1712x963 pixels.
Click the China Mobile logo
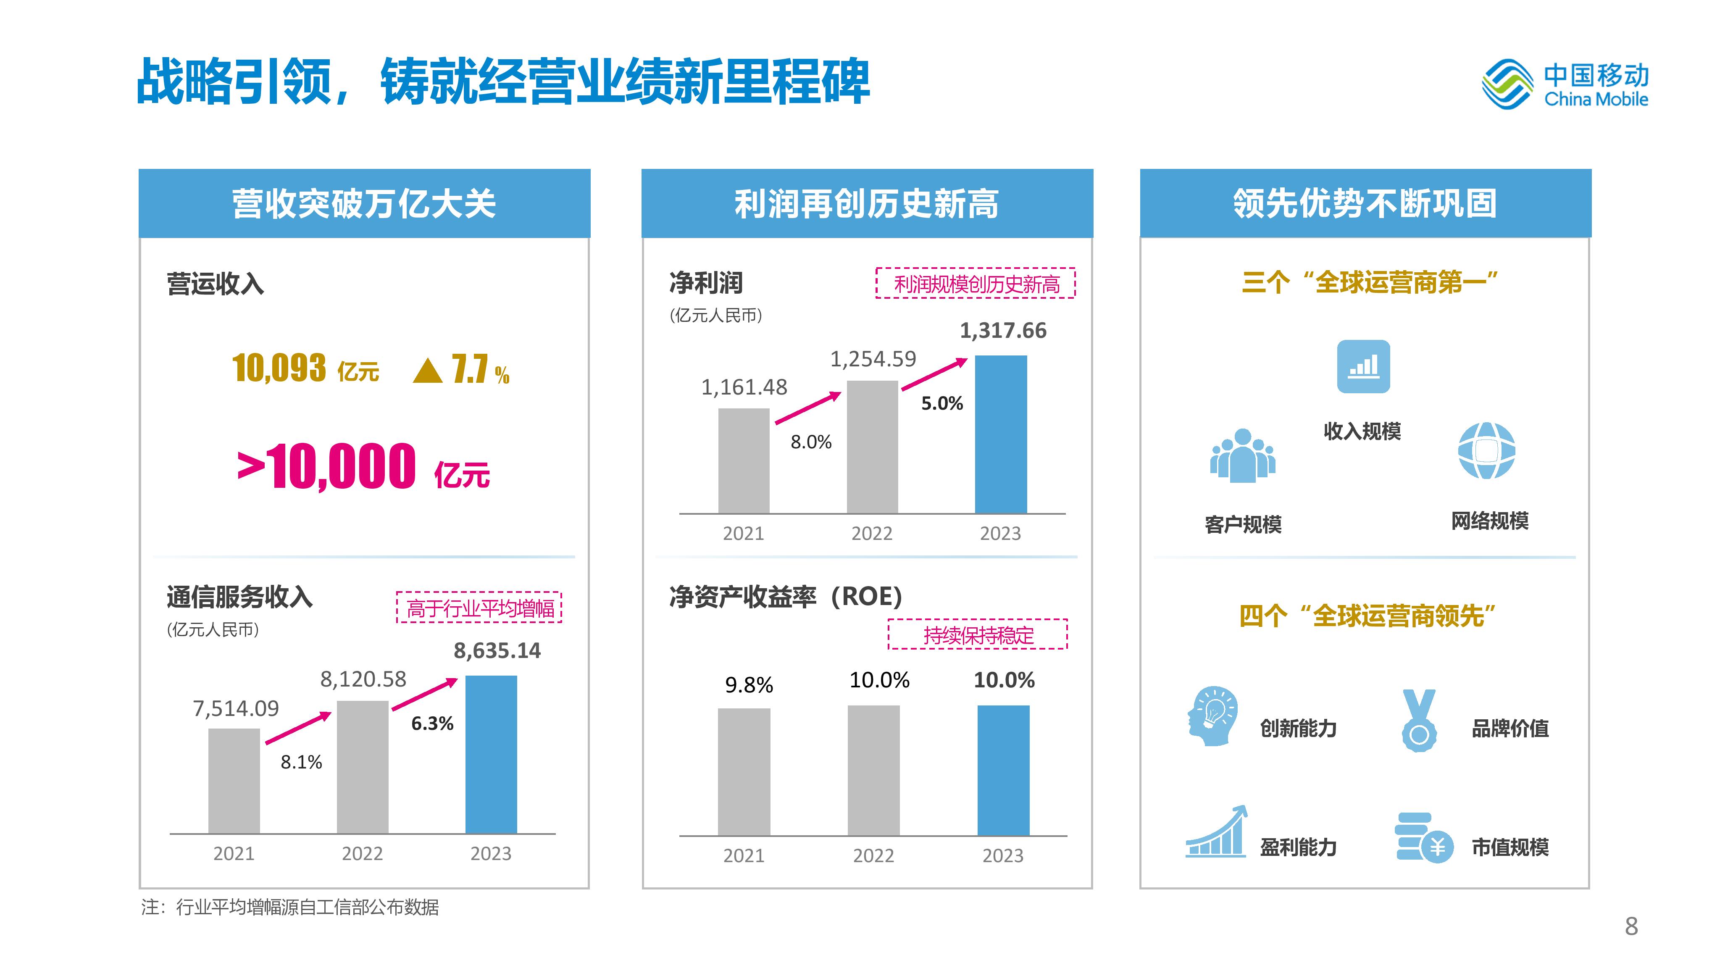pos(1565,85)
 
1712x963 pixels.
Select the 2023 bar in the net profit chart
pos(1000,434)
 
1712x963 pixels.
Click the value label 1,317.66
pos(1003,330)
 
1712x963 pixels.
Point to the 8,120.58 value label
pos(363,679)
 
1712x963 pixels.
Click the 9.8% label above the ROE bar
pos(749,684)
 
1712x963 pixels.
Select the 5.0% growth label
pos(942,403)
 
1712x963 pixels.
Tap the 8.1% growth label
pos(301,762)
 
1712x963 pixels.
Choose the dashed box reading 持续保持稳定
pos(978,635)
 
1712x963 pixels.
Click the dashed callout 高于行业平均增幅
pos(479,608)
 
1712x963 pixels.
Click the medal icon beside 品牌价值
pos(1419,721)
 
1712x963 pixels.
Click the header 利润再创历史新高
pos(867,203)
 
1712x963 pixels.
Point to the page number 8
pos(1631,926)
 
